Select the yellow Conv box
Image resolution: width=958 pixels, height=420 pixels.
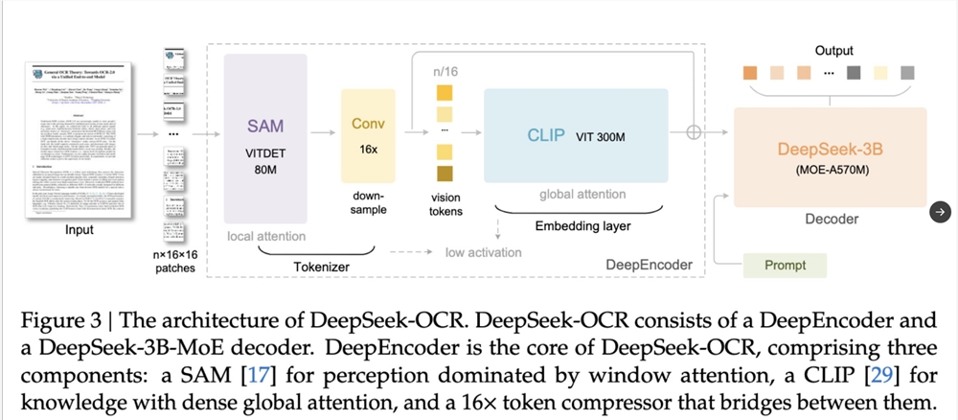coord(368,139)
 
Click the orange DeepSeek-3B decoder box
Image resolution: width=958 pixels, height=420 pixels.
coord(831,158)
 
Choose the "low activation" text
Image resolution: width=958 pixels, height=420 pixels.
coord(484,252)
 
